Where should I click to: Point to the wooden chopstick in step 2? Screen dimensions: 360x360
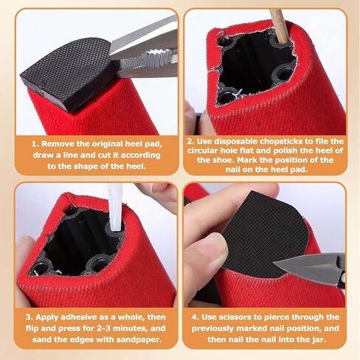(279, 27)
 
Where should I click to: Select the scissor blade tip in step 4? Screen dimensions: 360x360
(275, 263)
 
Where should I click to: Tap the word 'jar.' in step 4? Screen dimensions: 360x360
(319, 339)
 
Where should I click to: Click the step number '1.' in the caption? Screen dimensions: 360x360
(35, 144)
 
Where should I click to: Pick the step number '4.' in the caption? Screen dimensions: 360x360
(195, 317)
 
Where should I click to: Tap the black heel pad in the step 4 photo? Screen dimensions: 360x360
(266, 235)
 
